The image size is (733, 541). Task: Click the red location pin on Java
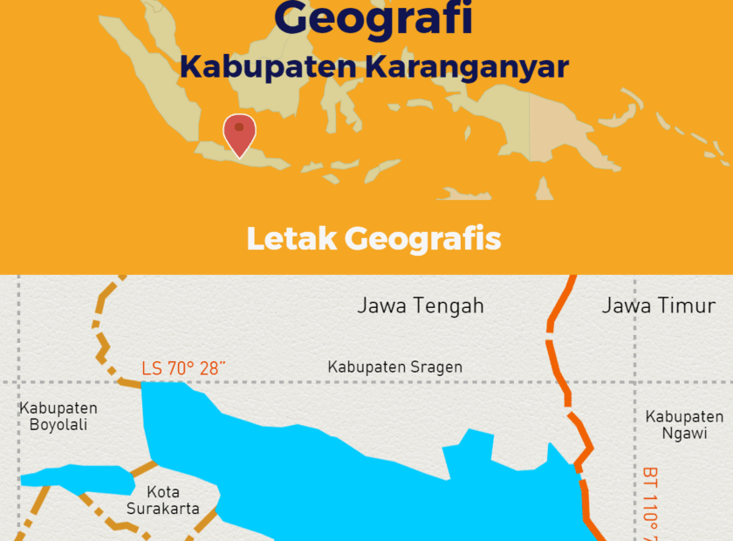[239, 133]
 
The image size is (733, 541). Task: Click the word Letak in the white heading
[291, 238]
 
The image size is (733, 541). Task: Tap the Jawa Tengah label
[420, 305]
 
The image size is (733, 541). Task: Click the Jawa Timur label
[658, 305]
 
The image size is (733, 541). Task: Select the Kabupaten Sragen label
[394, 367]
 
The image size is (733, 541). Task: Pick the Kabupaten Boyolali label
[58, 416]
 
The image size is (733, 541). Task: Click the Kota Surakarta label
[163, 500]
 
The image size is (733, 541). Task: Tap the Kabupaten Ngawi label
[684, 425]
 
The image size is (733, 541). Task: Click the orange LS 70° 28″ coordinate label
[183, 368]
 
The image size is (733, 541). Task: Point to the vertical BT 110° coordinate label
[650, 502]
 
